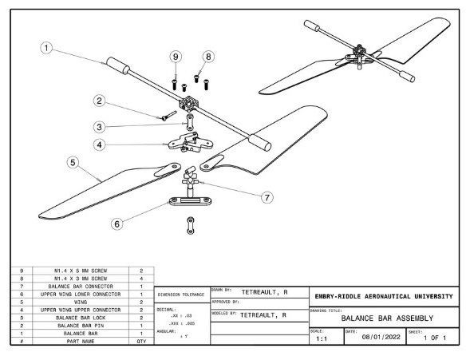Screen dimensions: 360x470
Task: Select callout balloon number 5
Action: point(73,163)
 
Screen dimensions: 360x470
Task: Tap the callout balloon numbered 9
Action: point(176,57)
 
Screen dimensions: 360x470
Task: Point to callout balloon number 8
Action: point(209,57)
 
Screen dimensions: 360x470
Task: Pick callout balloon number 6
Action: point(117,224)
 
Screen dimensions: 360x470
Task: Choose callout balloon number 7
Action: point(267,197)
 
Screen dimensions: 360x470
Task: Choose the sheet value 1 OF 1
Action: point(436,338)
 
